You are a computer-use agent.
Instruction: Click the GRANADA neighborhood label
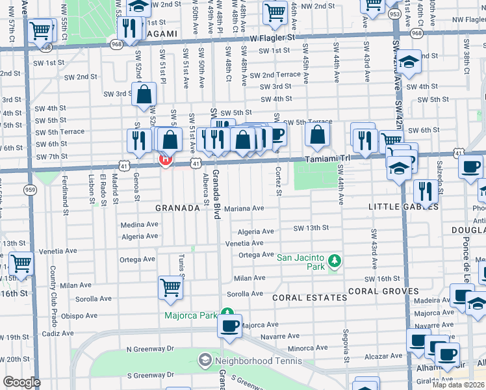(177, 208)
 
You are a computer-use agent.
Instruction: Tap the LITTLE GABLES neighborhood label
(403, 207)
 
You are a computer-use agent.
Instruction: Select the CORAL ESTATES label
(309, 298)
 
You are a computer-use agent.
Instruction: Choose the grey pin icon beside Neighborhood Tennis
(205, 359)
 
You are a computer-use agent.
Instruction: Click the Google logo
(21, 382)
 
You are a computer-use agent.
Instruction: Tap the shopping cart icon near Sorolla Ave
(170, 287)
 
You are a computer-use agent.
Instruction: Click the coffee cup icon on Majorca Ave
(229, 326)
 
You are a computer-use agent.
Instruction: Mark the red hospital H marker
(165, 159)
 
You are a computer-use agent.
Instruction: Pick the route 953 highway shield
(394, 13)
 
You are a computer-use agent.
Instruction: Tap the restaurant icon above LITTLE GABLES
(426, 190)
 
